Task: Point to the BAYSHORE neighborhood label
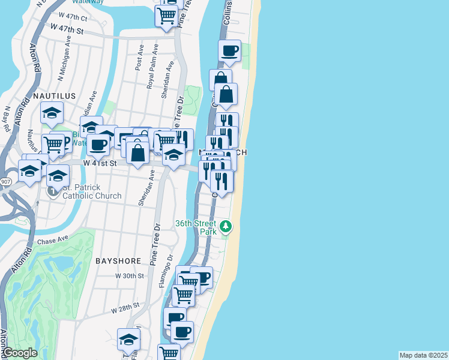click(118, 261)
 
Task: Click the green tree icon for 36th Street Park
click(226, 226)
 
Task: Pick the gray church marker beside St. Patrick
click(52, 191)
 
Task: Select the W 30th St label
click(130, 276)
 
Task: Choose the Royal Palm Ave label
click(151, 71)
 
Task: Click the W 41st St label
click(98, 163)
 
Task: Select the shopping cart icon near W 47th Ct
click(166, 14)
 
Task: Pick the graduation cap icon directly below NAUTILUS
click(52, 112)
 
